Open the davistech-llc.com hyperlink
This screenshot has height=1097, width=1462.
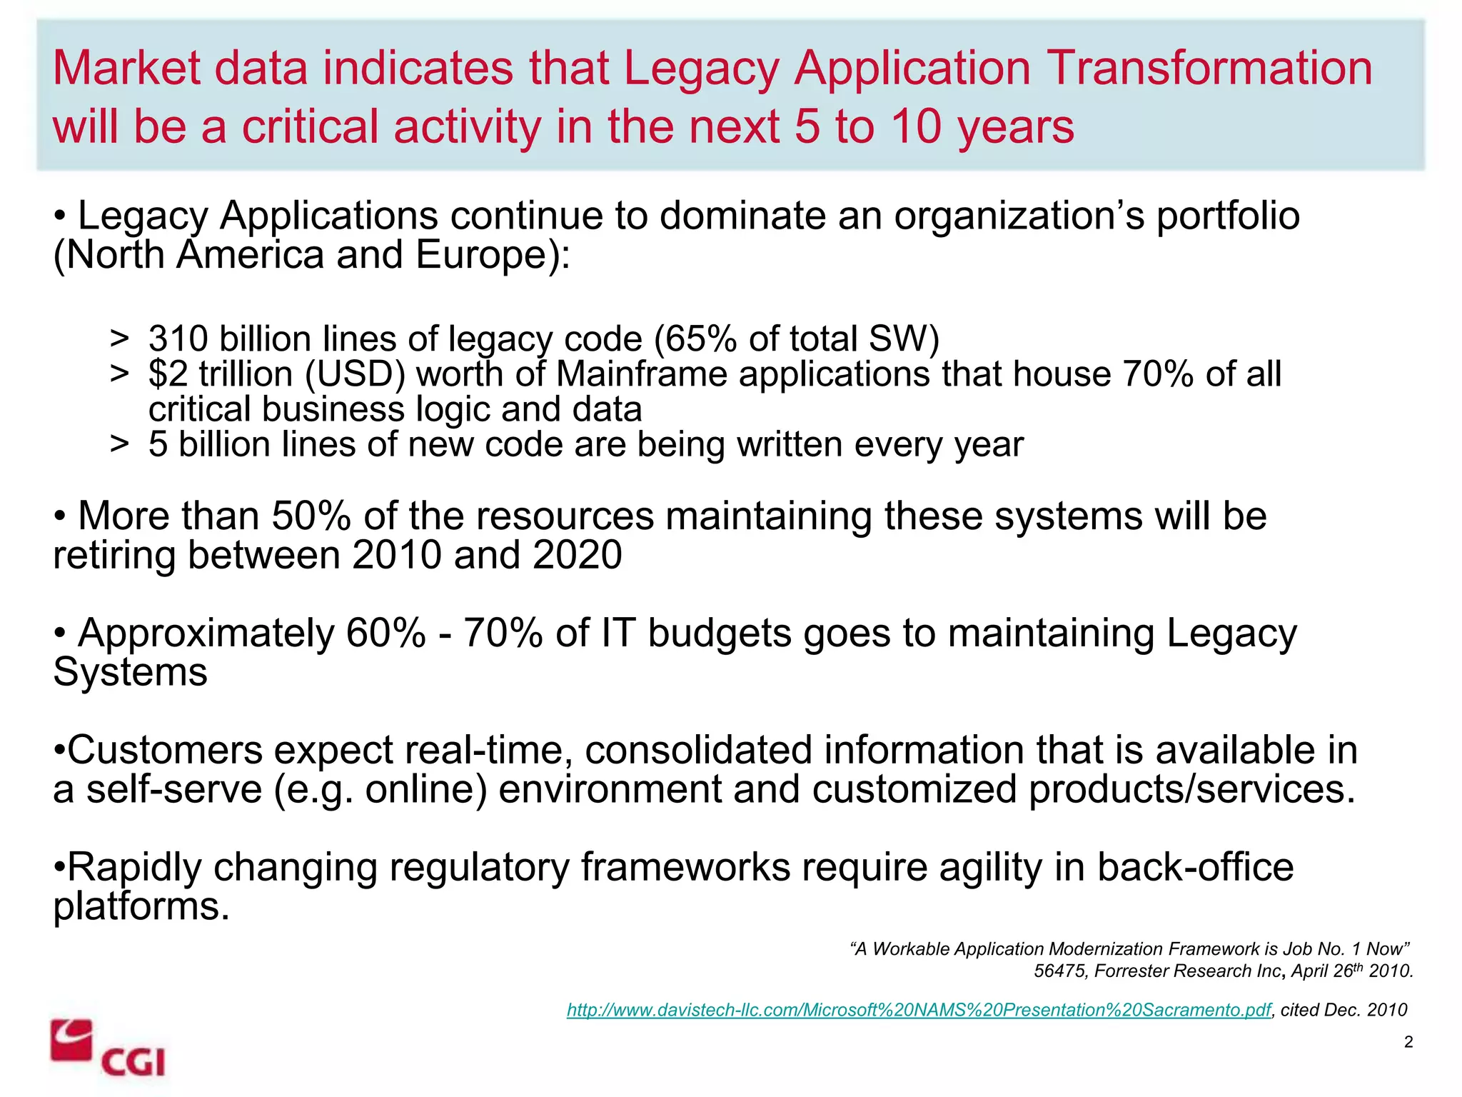click(918, 1010)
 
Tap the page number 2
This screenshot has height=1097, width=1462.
click(1408, 1042)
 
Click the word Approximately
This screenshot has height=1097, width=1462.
click(206, 634)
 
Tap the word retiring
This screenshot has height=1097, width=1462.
click(114, 556)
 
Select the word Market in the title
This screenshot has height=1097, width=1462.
click(127, 69)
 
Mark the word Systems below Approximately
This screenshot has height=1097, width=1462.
click(130, 673)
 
